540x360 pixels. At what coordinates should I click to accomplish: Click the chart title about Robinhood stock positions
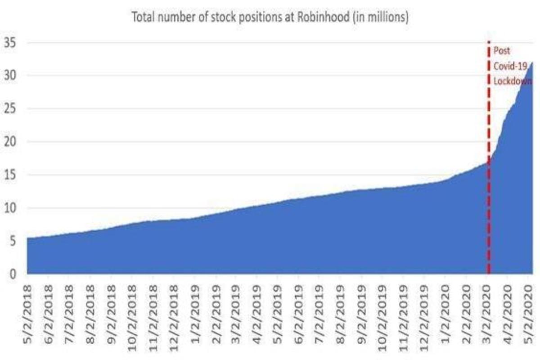coord(270,18)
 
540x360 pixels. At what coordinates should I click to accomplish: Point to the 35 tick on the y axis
coord(10,43)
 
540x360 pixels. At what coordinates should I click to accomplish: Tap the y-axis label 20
coord(10,142)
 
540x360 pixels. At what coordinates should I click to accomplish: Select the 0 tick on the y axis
coord(13,274)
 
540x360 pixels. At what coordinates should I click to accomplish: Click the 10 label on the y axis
coord(10,208)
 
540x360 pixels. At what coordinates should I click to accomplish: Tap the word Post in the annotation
coord(502,50)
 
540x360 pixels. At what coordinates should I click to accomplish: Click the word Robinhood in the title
coord(342,18)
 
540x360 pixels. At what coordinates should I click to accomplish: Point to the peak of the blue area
coord(532,63)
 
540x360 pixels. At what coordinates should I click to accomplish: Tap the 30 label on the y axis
coord(10,76)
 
